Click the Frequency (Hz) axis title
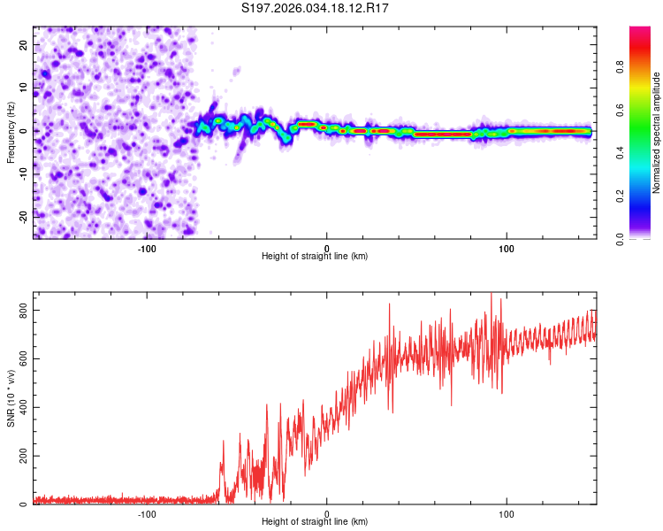click(11, 132)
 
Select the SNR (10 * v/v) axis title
click(11, 397)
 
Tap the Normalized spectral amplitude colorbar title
click(657, 133)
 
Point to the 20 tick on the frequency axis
click(24, 44)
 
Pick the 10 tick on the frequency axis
click(24, 88)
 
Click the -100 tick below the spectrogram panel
click(147, 248)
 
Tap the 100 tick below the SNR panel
click(507, 514)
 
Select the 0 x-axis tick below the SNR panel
click(327, 514)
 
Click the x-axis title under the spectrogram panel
click(315, 257)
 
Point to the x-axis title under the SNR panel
click(315, 523)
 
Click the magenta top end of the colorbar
click(640, 31)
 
